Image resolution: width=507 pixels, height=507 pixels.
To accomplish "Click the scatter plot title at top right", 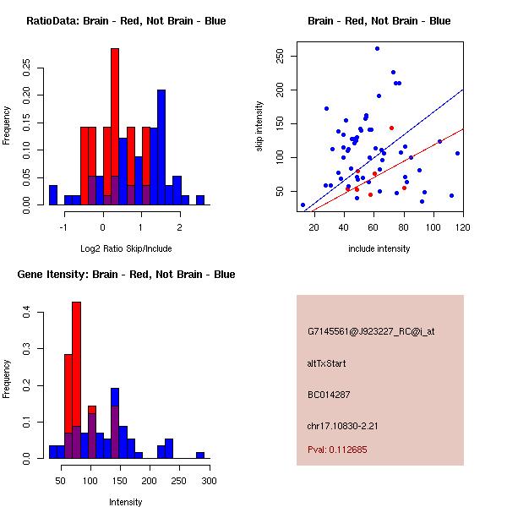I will point(379,21).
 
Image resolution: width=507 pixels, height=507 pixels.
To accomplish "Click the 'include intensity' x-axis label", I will point(379,248).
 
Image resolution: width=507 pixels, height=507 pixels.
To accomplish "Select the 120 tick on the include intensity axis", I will point(463,226).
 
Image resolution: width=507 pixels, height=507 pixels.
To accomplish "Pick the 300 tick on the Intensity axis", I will point(209,480).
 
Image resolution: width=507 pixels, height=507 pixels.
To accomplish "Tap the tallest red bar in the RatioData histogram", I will point(115,127).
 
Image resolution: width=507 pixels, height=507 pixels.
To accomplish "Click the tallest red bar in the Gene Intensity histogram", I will point(76,380).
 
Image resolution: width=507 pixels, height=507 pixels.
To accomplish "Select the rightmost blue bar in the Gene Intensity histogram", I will point(200,455).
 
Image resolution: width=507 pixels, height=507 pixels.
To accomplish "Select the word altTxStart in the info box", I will point(327,363).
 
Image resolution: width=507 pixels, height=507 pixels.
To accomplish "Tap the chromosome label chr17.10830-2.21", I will point(342,424).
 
